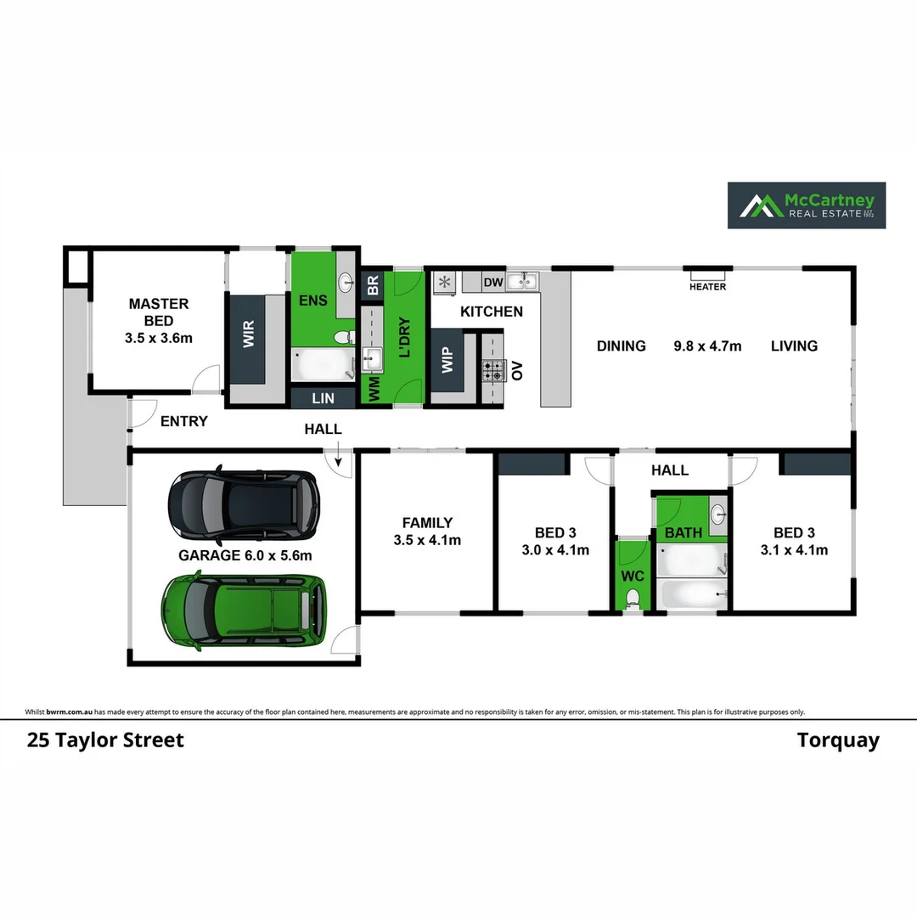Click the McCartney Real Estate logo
[806, 205]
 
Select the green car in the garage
[244, 609]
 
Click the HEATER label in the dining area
[707, 287]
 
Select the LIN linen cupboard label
[323, 397]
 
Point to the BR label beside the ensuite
[372, 285]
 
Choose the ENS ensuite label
[312, 301]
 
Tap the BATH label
[683, 533]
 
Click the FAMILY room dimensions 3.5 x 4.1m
[427, 540]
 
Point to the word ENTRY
[183, 421]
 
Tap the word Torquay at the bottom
[837, 740]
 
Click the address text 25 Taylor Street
[105, 740]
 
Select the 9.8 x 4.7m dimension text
[707, 346]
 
